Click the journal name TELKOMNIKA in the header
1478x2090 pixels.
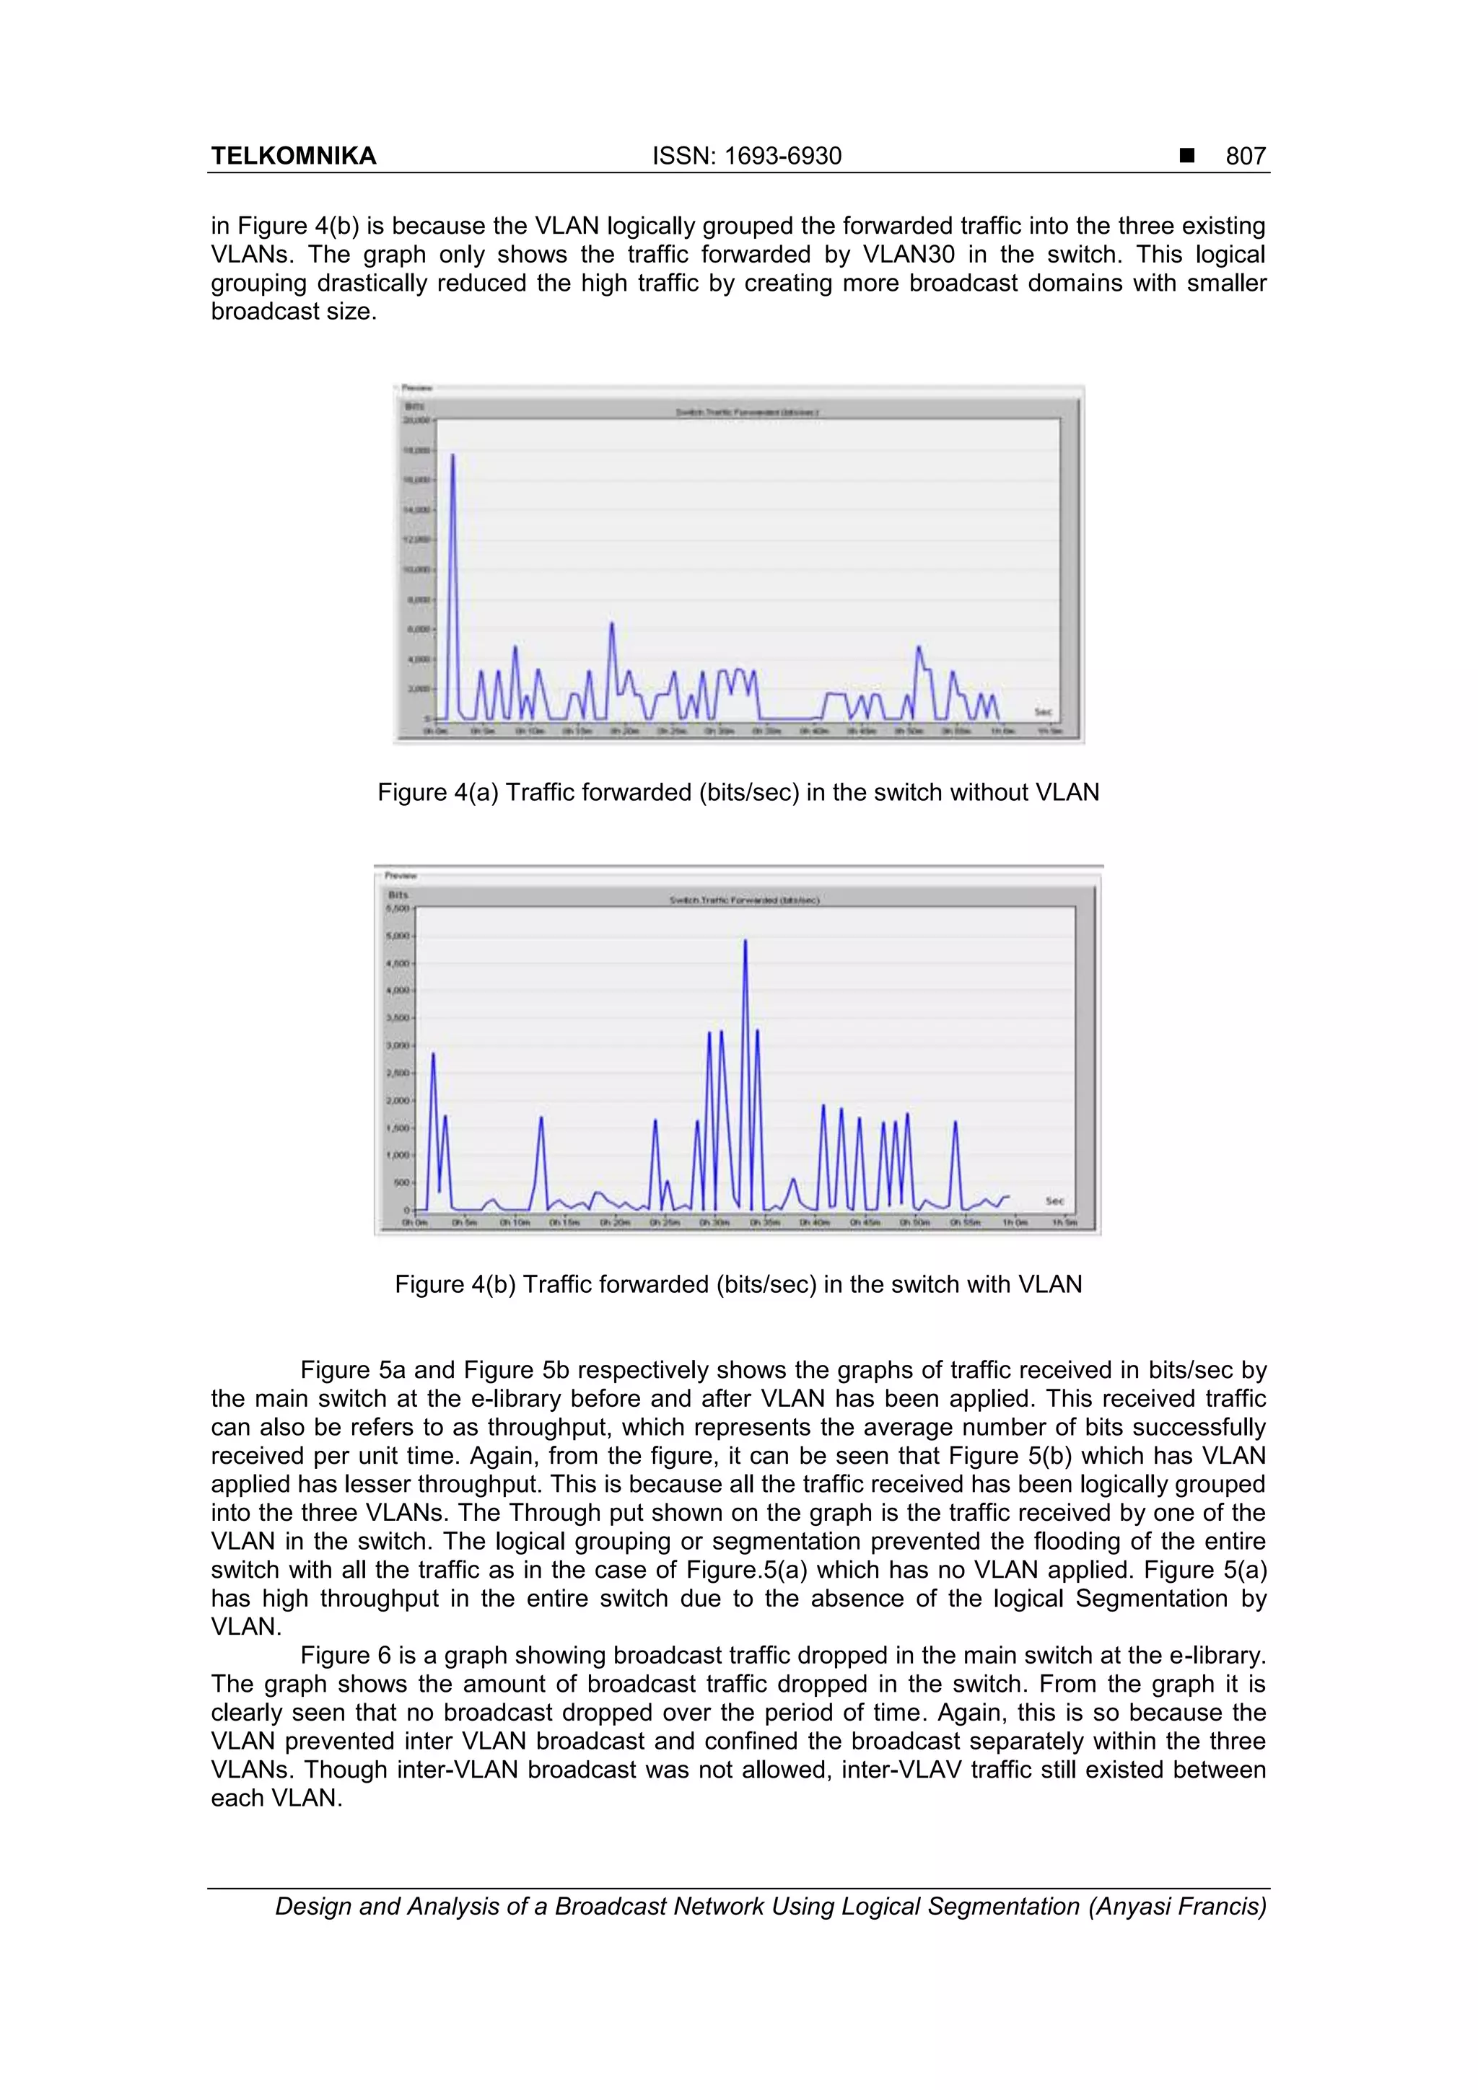click(293, 156)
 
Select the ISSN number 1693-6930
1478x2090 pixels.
click(782, 156)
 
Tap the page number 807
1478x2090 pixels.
click(1245, 156)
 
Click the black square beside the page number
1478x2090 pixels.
click(1186, 156)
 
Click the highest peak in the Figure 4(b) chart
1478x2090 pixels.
click(745, 941)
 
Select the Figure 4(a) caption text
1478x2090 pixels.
click(738, 792)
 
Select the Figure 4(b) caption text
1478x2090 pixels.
click(738, 1283)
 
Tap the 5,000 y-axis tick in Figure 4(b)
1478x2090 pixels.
click(399, 936)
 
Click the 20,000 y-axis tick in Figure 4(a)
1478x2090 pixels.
click(416, 421)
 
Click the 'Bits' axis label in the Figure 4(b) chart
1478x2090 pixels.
click(398, 895)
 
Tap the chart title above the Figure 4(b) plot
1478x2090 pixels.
click(744, 900)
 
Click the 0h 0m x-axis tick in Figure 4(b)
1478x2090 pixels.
click(415, 1223)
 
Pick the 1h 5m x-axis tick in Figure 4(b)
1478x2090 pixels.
click(1064, 1223)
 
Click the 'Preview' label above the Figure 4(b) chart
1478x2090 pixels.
click(401, 876)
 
